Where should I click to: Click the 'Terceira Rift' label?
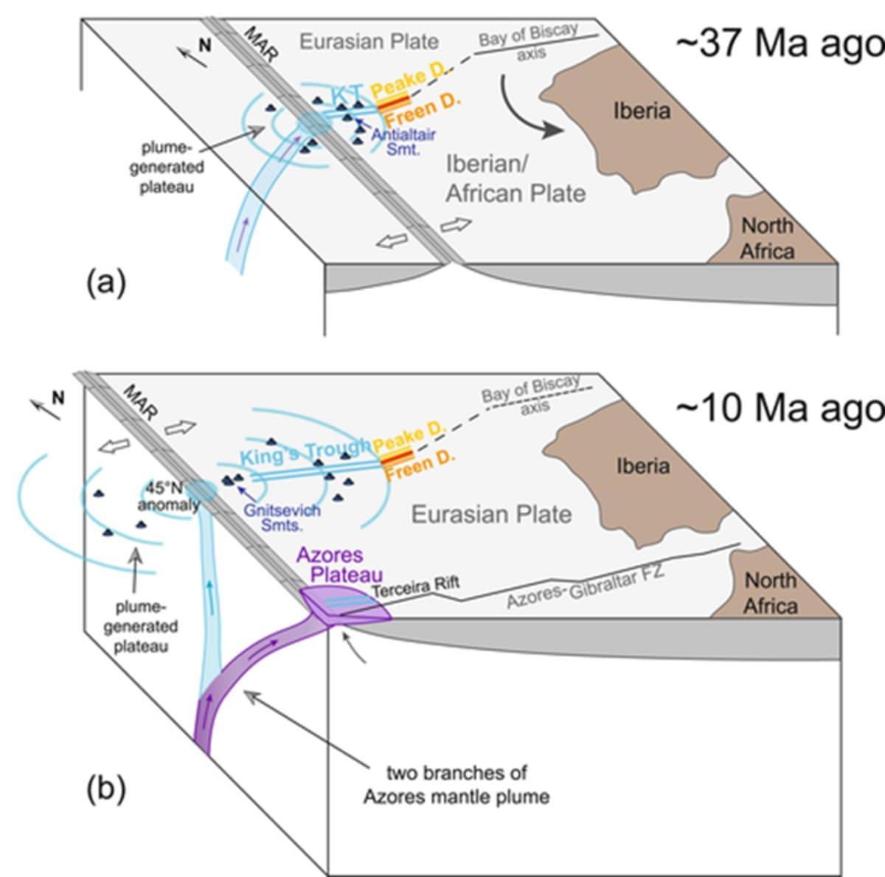pyautogui.click(x=415, y=588)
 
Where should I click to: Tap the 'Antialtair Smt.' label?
pyautogui.click(x=403, y=141)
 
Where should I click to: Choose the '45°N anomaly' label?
pyautogui.click(x=168, y=496)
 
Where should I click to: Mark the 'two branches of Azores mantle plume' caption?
pyautogui.click(x=457, y=785)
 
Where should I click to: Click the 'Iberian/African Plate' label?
pyautogui.click(x=516, y=178)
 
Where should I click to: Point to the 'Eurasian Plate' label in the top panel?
pyautogui.click(x=369, y=41)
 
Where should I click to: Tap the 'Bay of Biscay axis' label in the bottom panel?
pyautogui.click(x=531, y=395)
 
